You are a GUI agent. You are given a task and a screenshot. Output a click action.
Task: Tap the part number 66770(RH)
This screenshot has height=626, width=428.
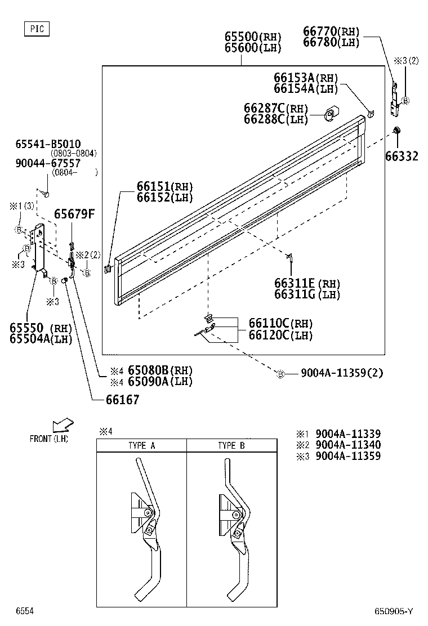click(331, 32)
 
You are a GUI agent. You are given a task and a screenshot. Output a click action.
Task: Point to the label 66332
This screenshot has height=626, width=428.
click(402, 157)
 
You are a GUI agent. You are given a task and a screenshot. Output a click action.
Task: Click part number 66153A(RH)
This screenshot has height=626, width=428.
click(306, 78)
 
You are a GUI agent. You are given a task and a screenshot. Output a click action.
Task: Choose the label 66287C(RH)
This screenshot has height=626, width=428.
click(275, 108)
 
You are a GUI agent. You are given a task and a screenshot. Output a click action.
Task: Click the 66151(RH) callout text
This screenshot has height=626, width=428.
click(164, 187)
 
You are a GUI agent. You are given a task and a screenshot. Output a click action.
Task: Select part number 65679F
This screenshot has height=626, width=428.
click(74, 214)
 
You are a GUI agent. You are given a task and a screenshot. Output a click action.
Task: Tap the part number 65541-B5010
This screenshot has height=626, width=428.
click(48, 144)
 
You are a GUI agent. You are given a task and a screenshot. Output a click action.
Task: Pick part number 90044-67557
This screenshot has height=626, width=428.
click(48, 163)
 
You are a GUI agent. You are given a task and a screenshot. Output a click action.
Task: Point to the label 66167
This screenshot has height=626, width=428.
click(122, 400)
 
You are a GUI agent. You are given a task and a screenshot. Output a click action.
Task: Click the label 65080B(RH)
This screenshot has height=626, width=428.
click(160, 370)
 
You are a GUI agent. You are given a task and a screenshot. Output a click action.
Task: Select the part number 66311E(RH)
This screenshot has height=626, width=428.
click(307, 283)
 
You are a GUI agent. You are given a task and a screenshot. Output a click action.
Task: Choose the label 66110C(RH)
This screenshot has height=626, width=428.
click(280, 323)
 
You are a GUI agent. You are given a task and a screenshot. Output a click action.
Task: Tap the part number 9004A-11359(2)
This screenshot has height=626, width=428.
click(342, 373)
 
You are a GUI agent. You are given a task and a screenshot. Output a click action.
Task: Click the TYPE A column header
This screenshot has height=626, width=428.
click(141, 445)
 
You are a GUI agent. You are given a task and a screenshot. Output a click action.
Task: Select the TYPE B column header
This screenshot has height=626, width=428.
click(231, 445)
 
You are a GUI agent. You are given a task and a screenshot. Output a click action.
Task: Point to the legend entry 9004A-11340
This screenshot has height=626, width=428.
click(347, 445)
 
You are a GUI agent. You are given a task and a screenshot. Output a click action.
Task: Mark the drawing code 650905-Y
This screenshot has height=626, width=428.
click(394, 611)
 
